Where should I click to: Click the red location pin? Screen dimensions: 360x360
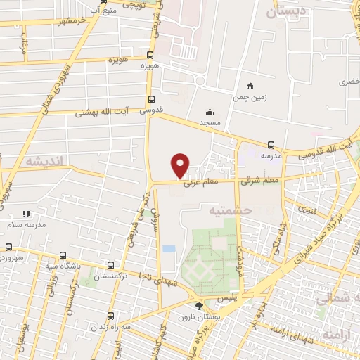[x=181, y=166]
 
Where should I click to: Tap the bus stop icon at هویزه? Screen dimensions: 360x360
[x=150, y=55]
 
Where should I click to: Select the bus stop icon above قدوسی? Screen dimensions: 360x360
[x=151, y=99]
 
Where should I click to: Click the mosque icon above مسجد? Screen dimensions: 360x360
[x=210, y=112]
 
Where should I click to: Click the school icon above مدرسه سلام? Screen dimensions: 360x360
[x=26, y=214]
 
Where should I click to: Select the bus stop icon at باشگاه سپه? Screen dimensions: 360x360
[x=63, y=255]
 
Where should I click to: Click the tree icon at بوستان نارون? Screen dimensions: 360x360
[x=200, y=305]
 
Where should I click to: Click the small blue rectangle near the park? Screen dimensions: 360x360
[x=169, y=249]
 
